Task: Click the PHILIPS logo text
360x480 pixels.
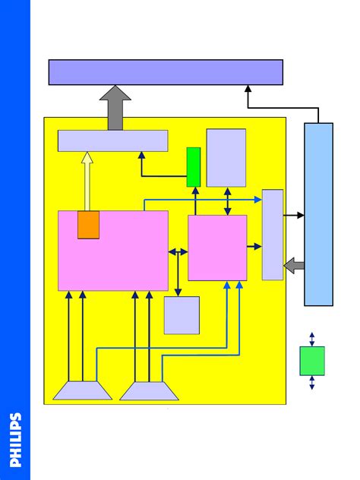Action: (15, 440)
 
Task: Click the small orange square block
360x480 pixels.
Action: (88, 225)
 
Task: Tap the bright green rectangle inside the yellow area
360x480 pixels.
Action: (194, 167)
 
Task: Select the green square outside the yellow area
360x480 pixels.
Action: (312, 361)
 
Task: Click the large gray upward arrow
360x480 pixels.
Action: (115, 108)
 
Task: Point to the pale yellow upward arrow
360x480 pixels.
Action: (87, 182)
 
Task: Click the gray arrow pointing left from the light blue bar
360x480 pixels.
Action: (294, 266)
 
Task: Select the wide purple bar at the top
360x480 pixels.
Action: (166, 72)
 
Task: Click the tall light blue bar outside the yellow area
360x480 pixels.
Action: (319, 214)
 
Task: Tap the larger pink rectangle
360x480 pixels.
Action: (113, 251)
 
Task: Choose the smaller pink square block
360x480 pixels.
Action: (217, 248)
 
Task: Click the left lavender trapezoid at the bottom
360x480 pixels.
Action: (83, 390)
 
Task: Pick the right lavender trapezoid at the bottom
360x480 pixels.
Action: (149, 391)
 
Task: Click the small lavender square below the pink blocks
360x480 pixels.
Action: (182, 315)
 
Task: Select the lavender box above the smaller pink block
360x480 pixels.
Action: (226, 158)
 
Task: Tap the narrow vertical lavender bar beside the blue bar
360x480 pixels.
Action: (273, 235)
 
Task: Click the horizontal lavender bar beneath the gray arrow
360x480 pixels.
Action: (113, 141)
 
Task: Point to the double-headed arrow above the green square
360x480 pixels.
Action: (312, 339)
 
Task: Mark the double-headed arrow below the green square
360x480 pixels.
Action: (312, 383)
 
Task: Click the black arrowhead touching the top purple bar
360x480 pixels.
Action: (248, 88)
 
